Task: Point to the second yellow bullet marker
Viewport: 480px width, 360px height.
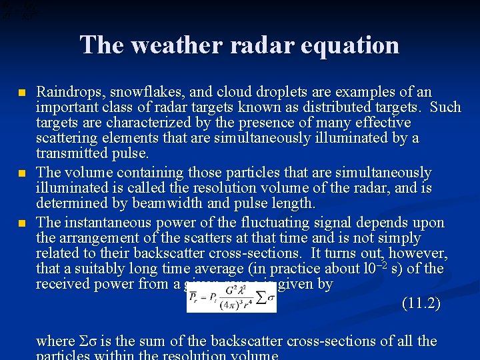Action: [x=23, y=173]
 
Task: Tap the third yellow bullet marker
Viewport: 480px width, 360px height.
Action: [x=23, y=222]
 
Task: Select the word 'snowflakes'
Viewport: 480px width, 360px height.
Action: [x=139, y=92]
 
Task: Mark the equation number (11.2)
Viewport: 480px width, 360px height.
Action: [x=421, y=303]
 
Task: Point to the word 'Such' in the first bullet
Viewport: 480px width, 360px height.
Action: [x=446, y=107]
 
